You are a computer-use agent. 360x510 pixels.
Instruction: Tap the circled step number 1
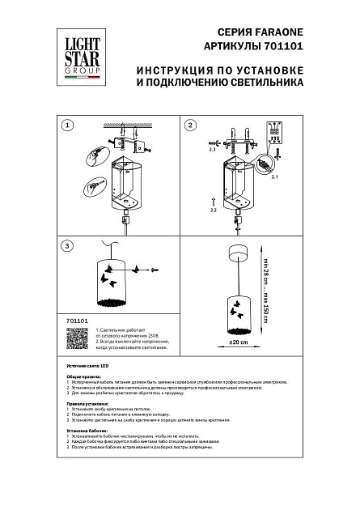tap(68, 126)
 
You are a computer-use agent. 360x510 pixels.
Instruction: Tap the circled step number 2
tap(191, 126)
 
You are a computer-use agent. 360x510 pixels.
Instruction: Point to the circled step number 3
tap(68, 245)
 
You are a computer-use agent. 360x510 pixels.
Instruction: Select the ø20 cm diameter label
tap(237, 342)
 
